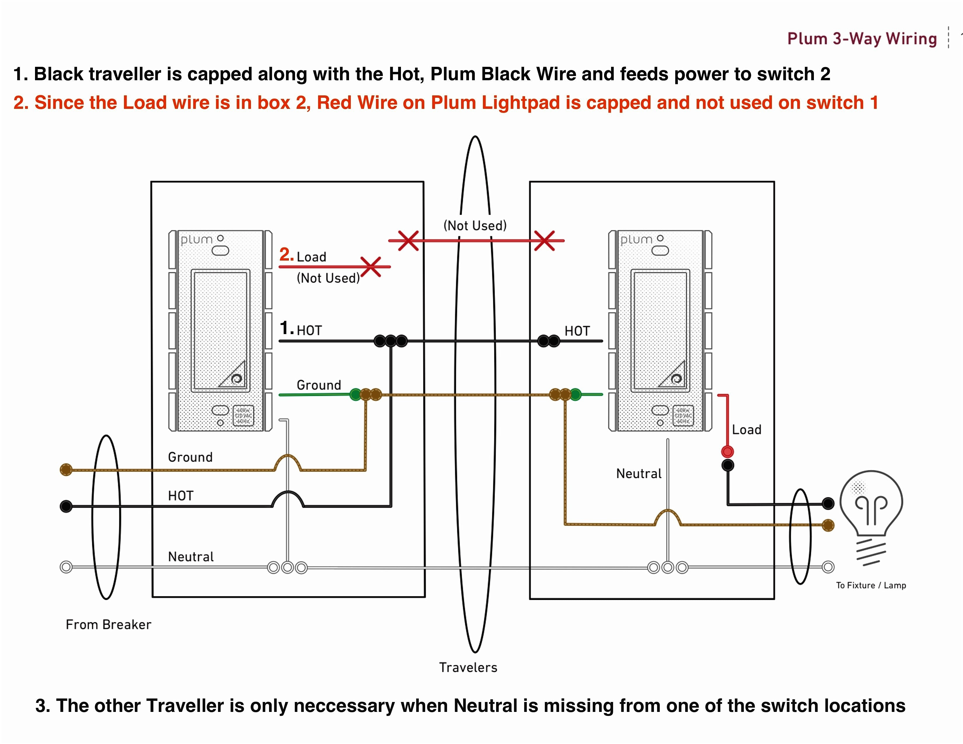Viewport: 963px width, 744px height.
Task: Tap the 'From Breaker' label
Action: (x=109, y=625)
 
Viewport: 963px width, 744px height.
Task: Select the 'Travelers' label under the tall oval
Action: (x=468, y=667)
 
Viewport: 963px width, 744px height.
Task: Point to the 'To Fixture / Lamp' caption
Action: (x=871, y=585)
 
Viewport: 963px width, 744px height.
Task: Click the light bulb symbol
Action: (x=871, y=507)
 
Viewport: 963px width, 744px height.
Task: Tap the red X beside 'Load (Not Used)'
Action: (x=371, y=267)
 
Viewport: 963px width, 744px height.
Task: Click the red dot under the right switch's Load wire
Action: (x=728, y=451)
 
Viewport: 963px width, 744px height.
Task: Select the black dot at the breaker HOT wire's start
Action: (x=66, y=506)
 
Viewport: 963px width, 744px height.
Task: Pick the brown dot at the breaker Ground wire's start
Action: (x=66, y=469)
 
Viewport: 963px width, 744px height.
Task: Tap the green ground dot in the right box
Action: (x=575, y=394)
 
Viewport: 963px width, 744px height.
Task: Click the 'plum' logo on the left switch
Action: (x=197, y=240)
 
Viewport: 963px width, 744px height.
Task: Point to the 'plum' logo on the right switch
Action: (x=636, y=240)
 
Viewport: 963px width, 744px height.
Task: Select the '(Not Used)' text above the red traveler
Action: (x=475, y=226)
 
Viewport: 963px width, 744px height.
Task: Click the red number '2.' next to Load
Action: (x=287, y=255)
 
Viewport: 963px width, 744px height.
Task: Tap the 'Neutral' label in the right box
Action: (x=638, y=474)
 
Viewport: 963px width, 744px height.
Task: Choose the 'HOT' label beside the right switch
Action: (x=577, y=331)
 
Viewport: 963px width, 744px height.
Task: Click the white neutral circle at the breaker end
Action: (x=66, y=567)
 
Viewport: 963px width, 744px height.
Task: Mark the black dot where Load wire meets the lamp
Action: (x=828, y=503)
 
